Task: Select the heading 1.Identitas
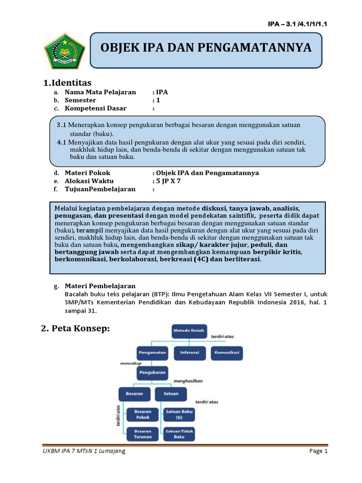click(67, 83)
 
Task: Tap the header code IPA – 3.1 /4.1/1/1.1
click(297, 25)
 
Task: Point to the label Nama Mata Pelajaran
click(100, 92)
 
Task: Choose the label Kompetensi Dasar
click(96, 108)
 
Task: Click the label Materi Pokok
click(88, 173)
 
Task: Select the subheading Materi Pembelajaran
click(100, 286)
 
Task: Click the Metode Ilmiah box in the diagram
click(189, 330)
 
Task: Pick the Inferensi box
click(189, 352)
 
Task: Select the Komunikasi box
click(227, 352)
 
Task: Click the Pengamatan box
click(152, 352)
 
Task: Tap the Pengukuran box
click(152, 372)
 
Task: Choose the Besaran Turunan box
click(142, 433)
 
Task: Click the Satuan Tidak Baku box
click(180, 433)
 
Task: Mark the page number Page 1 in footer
click(318, 451)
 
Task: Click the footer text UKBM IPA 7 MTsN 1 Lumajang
click(84, 451)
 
